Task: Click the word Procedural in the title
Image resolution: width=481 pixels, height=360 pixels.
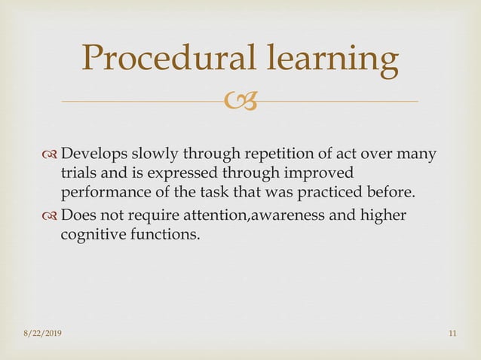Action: tap(171, 60)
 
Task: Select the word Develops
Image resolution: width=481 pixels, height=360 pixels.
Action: tap(94, 155)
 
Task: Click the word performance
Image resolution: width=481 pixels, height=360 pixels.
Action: tap(103, 191)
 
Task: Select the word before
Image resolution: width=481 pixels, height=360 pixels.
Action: tap(395, 191)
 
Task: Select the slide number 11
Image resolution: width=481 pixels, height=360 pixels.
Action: tap(452, 334)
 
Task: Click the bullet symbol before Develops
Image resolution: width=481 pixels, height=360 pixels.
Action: tap(51, 156)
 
